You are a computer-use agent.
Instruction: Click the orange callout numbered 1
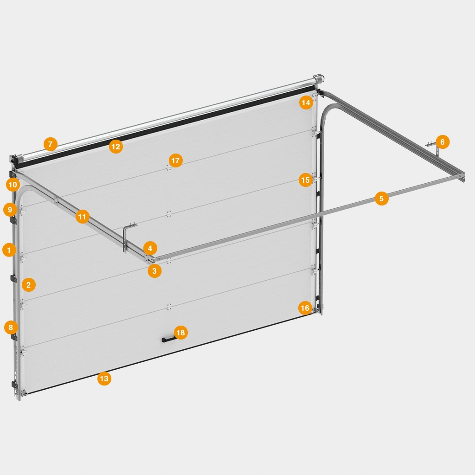pyautogui.click(x=9, y=250)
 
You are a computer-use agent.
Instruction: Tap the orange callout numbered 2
pyautogui.click(x=29, y=285)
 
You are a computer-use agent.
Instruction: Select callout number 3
pyautogui.click(x=154, y=271)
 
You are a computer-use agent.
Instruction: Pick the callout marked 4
pyautogui.click(x=150, y=249)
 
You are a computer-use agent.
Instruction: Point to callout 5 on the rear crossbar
pyautogui.click(x=382, y=199)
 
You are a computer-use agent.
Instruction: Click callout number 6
pyautogui.click(x=443, y=142)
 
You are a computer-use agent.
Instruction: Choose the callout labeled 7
pyautogui.click(x=51, y=144)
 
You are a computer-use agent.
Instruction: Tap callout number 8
pyautogui.click(x=11, y=327)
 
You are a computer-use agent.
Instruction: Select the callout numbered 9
pyautogui.click(x=10, y=210)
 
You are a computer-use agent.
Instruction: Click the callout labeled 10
pyautogui.click(x=13, y=185)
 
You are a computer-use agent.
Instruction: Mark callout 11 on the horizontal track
pyautogui.click(x=83, y=217)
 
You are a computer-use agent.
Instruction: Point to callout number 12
pyautogui.click(x=116, y=147)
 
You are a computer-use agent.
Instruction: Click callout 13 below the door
pyautogui.click(x=104, y=379)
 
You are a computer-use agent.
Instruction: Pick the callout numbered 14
pyautogui.click(x=306, y=103)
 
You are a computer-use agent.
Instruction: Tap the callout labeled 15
pyautogui.click(x=305, y=180)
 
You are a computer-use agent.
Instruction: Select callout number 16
pyautogui.click(x=305, y=308)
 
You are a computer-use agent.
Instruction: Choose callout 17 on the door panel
pyautogui.click(x=176, y=160)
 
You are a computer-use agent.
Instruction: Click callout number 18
pyautogui.click(x=181, y=333)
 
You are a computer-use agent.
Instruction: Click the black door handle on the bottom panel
pyautogui.click(x=168, y=340)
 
